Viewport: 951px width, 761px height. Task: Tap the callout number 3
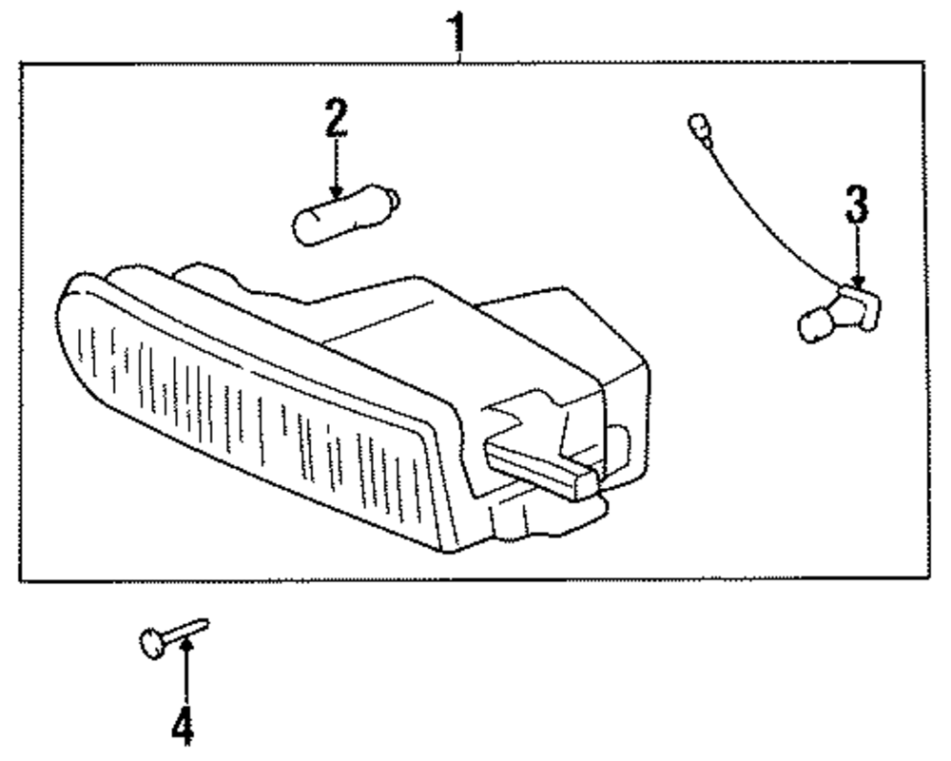click(857, 205)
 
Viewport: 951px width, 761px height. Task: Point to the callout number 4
click(184, 728)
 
